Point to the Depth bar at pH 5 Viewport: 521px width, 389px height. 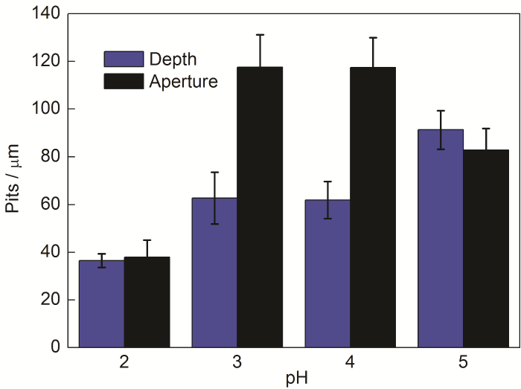(441, 238)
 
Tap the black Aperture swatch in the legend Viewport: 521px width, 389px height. (123, 81)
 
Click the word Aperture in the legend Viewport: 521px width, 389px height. (183, 81)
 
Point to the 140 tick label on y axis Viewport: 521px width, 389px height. (46, 13)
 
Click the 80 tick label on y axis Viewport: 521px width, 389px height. (50, 157)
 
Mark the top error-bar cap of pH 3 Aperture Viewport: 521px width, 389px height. (260, 34)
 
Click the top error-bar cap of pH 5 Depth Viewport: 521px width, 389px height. (441, 111)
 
